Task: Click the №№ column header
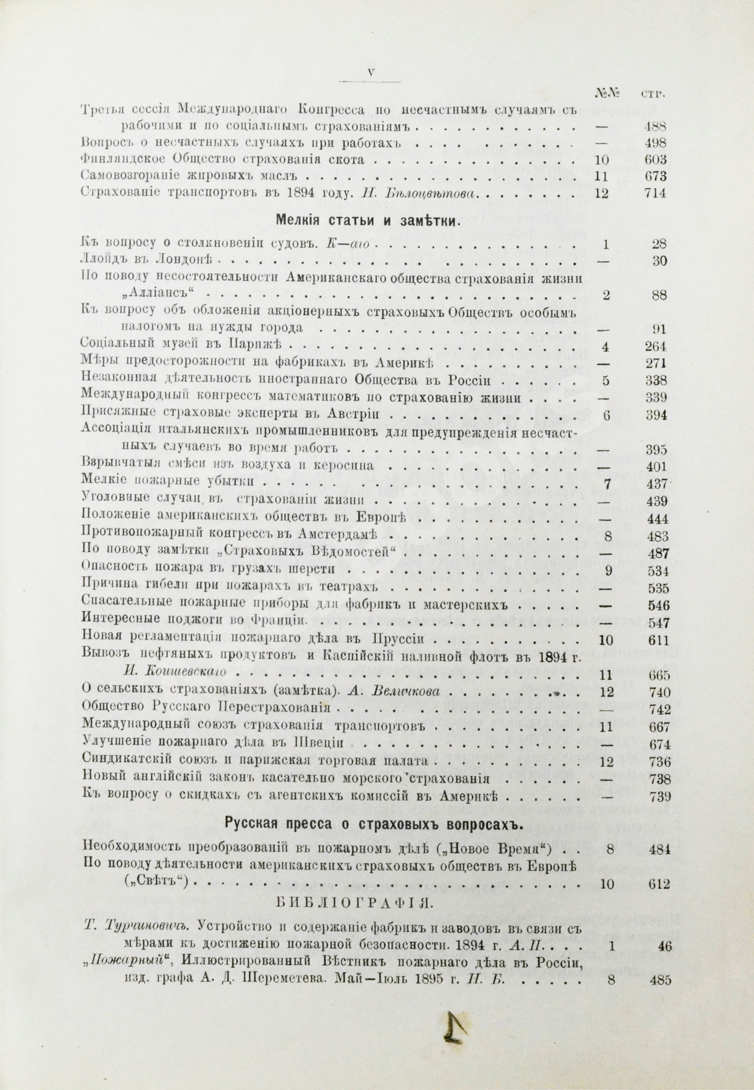click(605, 93)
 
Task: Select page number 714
click(655, 194)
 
